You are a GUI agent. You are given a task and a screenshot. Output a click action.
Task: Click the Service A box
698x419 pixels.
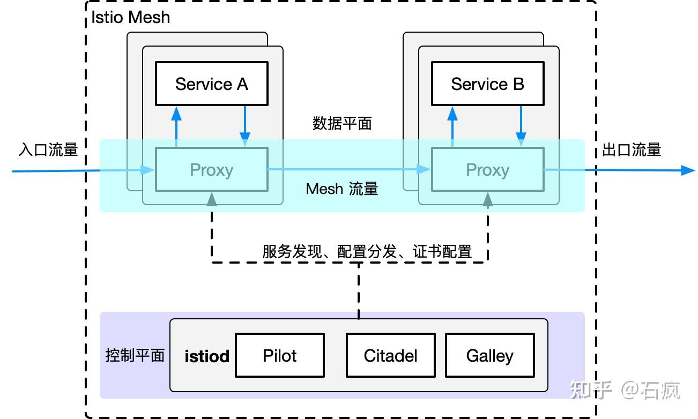click(x=211, y=84)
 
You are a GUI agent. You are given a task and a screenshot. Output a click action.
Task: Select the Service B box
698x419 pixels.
click(x=487, y=84)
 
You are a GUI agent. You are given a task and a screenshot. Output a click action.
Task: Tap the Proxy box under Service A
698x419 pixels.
click(x=211, y=169)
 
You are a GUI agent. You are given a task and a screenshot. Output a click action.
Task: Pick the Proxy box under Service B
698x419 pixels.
click(x=487, y=169)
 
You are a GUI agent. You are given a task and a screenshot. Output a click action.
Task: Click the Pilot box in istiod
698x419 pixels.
click(x=280, y=355)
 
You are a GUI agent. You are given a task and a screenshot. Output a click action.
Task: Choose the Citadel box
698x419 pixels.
click(x=390, y=355)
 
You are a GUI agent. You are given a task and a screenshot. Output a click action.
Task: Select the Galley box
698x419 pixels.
click(x=489, y=355)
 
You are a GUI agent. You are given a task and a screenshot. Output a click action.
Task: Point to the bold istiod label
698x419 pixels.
click(x=207, y=356)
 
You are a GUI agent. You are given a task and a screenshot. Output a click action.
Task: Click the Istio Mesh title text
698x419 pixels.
click(x=130, y=17)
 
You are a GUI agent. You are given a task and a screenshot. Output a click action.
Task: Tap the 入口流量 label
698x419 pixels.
click(x=48, y=149)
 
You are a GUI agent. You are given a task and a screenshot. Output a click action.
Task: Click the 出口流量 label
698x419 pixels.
click(x=632, y=149)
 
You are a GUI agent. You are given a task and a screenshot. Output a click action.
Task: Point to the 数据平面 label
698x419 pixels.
click(x=342, y=124)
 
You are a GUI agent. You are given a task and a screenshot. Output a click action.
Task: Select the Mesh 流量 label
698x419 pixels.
click(x=342, y=189)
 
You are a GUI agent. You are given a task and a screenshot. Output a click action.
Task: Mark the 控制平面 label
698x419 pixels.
click(x=135, y=355)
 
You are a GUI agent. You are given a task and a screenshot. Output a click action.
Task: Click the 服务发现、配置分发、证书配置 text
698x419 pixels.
click(x=367, y=251)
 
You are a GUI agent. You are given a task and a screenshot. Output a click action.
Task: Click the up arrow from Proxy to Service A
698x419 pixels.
click(x=176, y=126)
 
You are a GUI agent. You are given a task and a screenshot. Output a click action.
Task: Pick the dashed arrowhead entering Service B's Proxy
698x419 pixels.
click(x=487, y=200)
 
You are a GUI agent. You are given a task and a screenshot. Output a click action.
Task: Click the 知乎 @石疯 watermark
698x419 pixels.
click(x=625, y=390)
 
